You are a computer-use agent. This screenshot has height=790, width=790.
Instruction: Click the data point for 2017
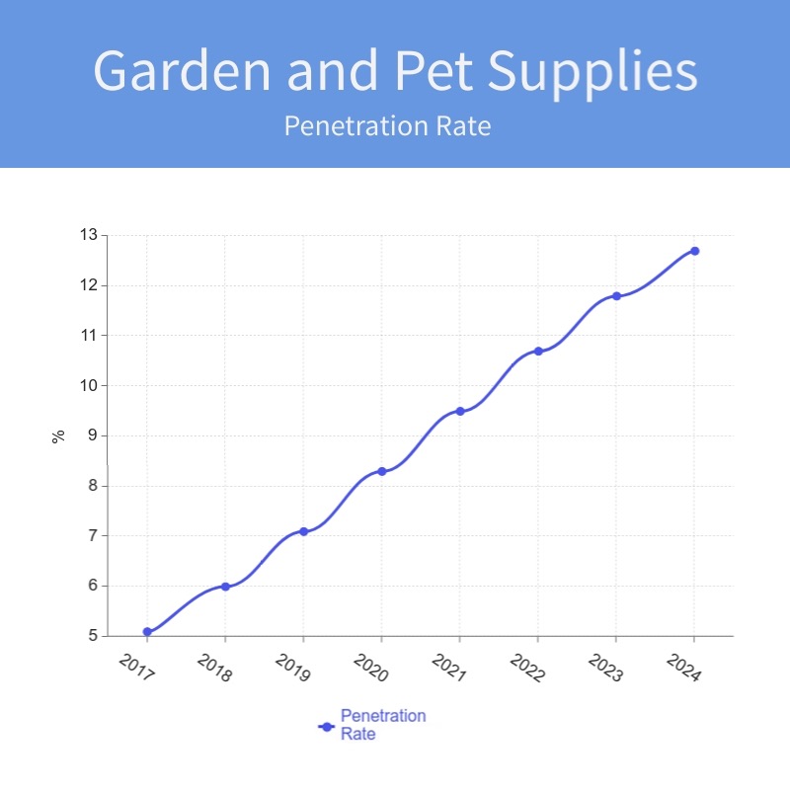click(x=147, y=631)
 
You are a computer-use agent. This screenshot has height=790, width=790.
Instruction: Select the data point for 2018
click(x=225, y=587)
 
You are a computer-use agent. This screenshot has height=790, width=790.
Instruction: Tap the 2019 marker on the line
click(x=303, y=531)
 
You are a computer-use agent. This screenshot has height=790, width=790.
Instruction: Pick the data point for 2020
click(x=382, y=471)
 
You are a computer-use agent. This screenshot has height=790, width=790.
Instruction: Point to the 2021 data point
click(x=460, y=411)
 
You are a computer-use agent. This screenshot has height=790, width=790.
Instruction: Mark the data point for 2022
click(x=538, y=351)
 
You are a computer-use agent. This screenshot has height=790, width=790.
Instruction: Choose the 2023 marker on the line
click(x=616, y=295)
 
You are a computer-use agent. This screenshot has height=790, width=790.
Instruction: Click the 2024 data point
click(x=694, y=251)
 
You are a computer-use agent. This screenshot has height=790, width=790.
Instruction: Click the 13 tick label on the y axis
click(x=89, y=235)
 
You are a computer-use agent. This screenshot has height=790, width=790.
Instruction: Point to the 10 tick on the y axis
click(x=89, y=385)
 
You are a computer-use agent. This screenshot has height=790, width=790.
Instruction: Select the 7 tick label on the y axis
click(x=93, y=535)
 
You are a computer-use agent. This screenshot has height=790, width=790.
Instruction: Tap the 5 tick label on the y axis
click(x=93, y=636)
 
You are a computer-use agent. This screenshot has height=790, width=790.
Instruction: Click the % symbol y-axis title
click(x=58, y=435)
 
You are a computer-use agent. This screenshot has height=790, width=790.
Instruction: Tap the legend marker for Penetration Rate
click(x=327, y=726)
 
